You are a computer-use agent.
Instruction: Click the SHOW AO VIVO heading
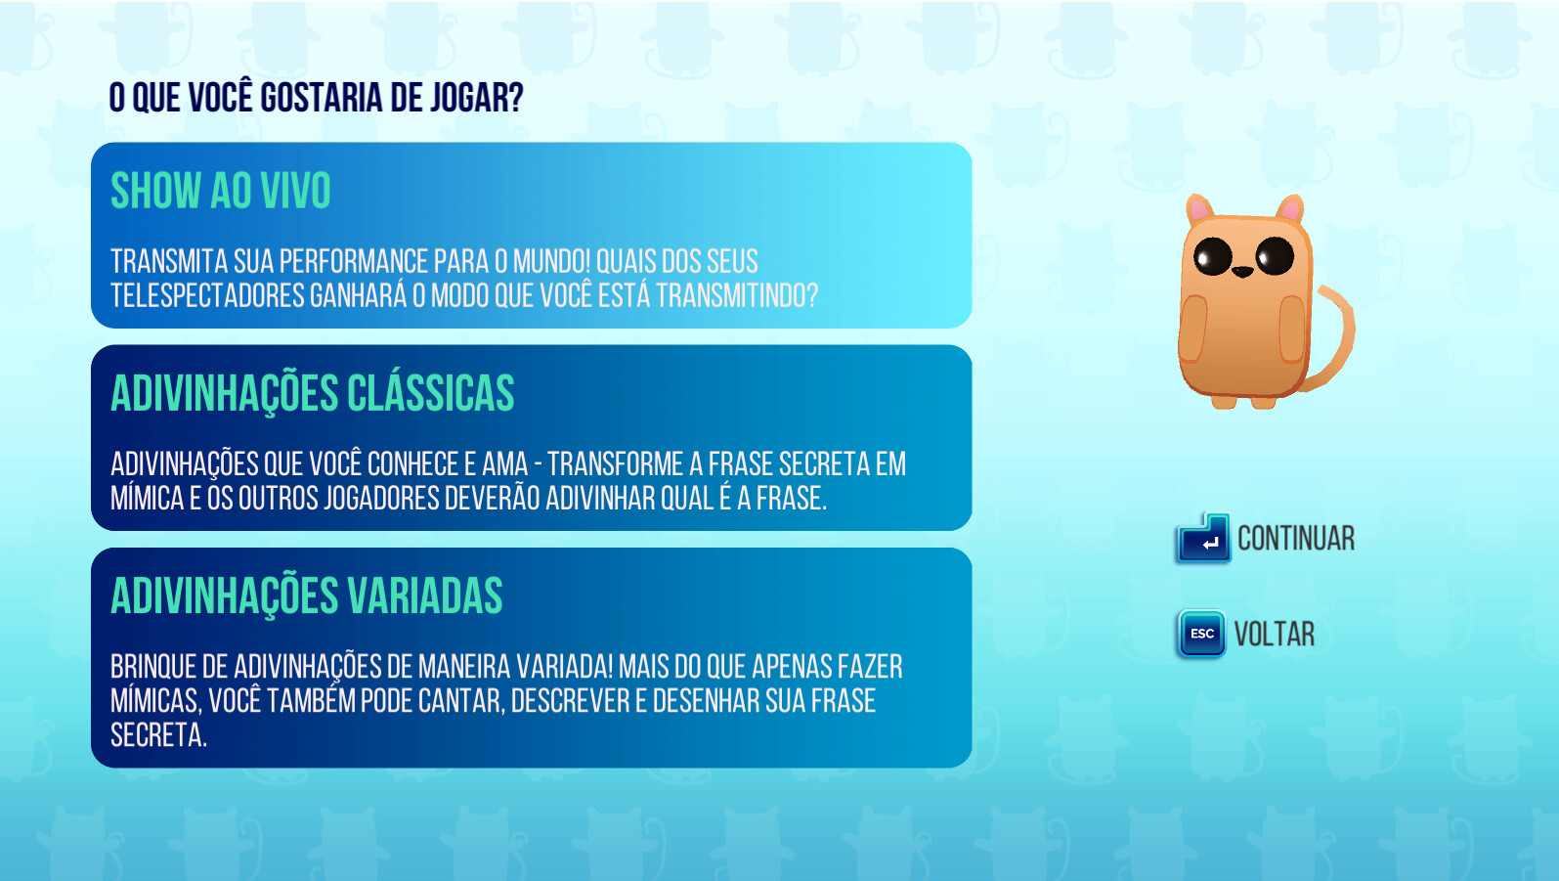pos(221,190)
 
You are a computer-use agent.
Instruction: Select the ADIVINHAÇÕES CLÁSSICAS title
pos(313,393)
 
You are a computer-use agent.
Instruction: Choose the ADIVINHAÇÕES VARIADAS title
pos(307,595)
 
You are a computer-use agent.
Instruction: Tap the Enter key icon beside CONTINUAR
pos(1203,539)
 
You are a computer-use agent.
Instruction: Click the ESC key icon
pos(1202,633)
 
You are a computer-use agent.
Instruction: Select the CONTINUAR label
pos(1296,539)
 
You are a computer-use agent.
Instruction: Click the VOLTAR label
pos(1275,634)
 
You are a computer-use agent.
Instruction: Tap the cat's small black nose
pos(1243,271)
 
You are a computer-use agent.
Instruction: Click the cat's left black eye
pos(1212,256)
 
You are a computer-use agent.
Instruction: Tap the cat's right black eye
pos(1275,255)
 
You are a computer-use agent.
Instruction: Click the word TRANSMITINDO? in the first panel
pos(737,295)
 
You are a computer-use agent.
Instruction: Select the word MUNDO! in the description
pos(551,261)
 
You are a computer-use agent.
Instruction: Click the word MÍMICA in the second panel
pos(147,498)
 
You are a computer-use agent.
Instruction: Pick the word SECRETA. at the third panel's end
pos(158,734)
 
